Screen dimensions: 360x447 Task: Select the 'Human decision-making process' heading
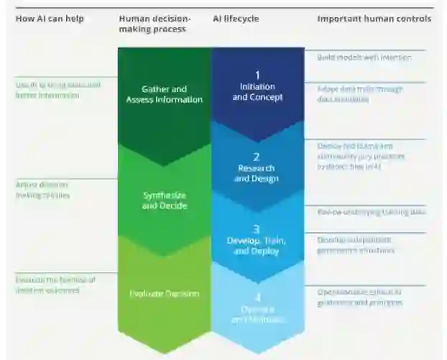point(154,24)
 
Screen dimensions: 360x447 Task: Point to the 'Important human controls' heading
point(374,19)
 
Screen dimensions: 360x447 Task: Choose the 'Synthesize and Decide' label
point(165,200)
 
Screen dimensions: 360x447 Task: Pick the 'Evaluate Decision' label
point(165,293)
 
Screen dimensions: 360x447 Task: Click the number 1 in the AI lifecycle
point(257,75)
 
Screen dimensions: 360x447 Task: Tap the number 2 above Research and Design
point(257,157)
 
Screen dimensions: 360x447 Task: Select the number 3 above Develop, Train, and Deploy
point(257,229)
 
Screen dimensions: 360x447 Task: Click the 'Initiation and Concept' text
point(257,92)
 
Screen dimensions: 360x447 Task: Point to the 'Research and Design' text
point(257,173)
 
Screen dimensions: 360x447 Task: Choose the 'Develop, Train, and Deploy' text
point(257,246)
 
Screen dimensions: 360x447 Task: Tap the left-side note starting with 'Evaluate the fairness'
point(55,285)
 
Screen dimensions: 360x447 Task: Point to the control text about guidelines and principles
point(359,297)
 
